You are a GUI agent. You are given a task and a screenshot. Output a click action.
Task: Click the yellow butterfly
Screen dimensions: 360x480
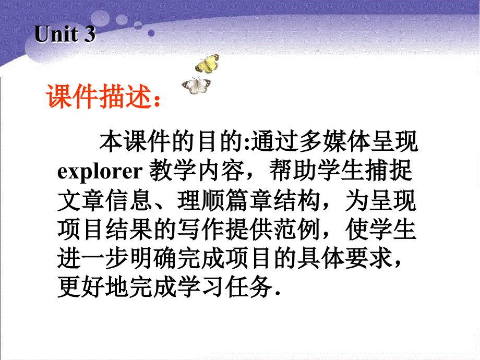pyautogui.click(x=207, y=64)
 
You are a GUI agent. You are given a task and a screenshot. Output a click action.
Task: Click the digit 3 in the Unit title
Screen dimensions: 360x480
pyautogui.click(x=89, y=34)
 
